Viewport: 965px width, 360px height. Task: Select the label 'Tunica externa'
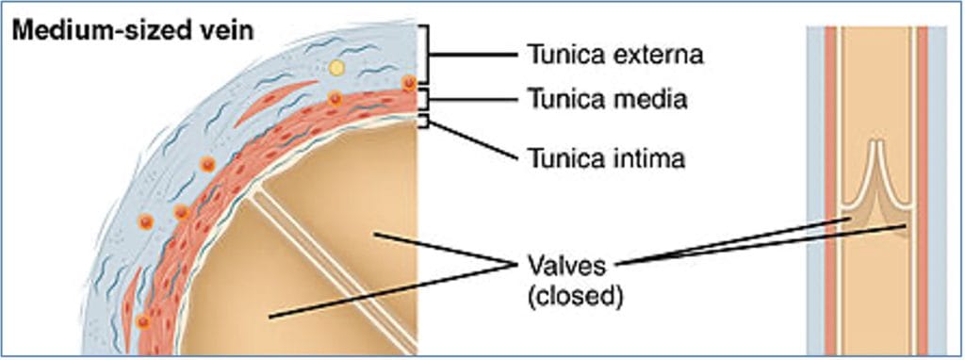(613, 54)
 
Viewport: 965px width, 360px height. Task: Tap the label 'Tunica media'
(605, 98)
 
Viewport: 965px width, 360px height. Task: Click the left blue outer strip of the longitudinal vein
(816, 188)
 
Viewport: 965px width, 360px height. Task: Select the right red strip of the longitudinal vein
(923, 188)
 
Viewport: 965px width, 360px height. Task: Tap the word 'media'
(656, 98)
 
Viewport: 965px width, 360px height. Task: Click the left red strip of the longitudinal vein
(831, 188)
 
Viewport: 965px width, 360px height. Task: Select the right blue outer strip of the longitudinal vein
(937, 188)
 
